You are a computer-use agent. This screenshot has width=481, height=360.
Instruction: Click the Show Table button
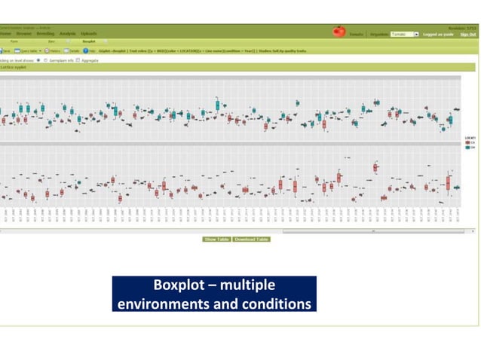(216, 239)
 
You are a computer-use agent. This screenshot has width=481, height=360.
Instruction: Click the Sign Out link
(468, 35)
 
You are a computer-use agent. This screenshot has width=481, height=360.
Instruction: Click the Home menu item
(5, 34)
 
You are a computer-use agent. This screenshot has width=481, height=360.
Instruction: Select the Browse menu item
(24, 34)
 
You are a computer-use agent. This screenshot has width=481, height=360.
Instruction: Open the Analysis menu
(68, 34)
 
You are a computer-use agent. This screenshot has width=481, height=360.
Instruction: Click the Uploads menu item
(89, 34)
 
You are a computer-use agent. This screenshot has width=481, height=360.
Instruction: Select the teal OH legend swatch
(467, 148)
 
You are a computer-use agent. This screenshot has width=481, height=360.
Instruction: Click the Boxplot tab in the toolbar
(89, 41)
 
